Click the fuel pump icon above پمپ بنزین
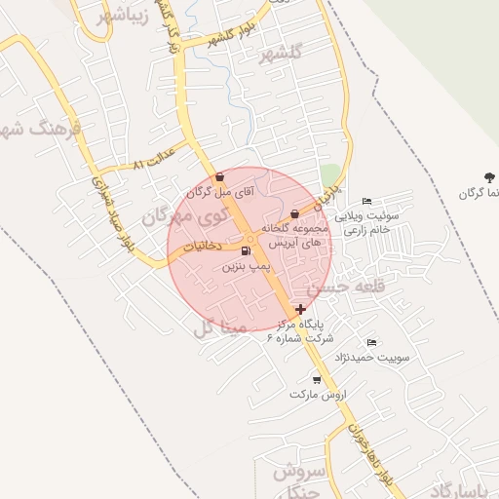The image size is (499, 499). [x=244, y=251]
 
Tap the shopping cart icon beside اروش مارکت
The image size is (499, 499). [x=317, y=379]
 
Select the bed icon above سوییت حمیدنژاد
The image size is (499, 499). [x=370, y=343]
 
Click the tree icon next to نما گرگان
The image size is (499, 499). [x=486, y=177]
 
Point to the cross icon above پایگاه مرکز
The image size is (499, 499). [x=300, y=309]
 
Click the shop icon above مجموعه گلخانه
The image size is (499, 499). [x=295, y=213]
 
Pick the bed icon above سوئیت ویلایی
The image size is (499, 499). [x=366, y=201]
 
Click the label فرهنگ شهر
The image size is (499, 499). [x=45, y=128]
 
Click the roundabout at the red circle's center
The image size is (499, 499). [x=250, y=239]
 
